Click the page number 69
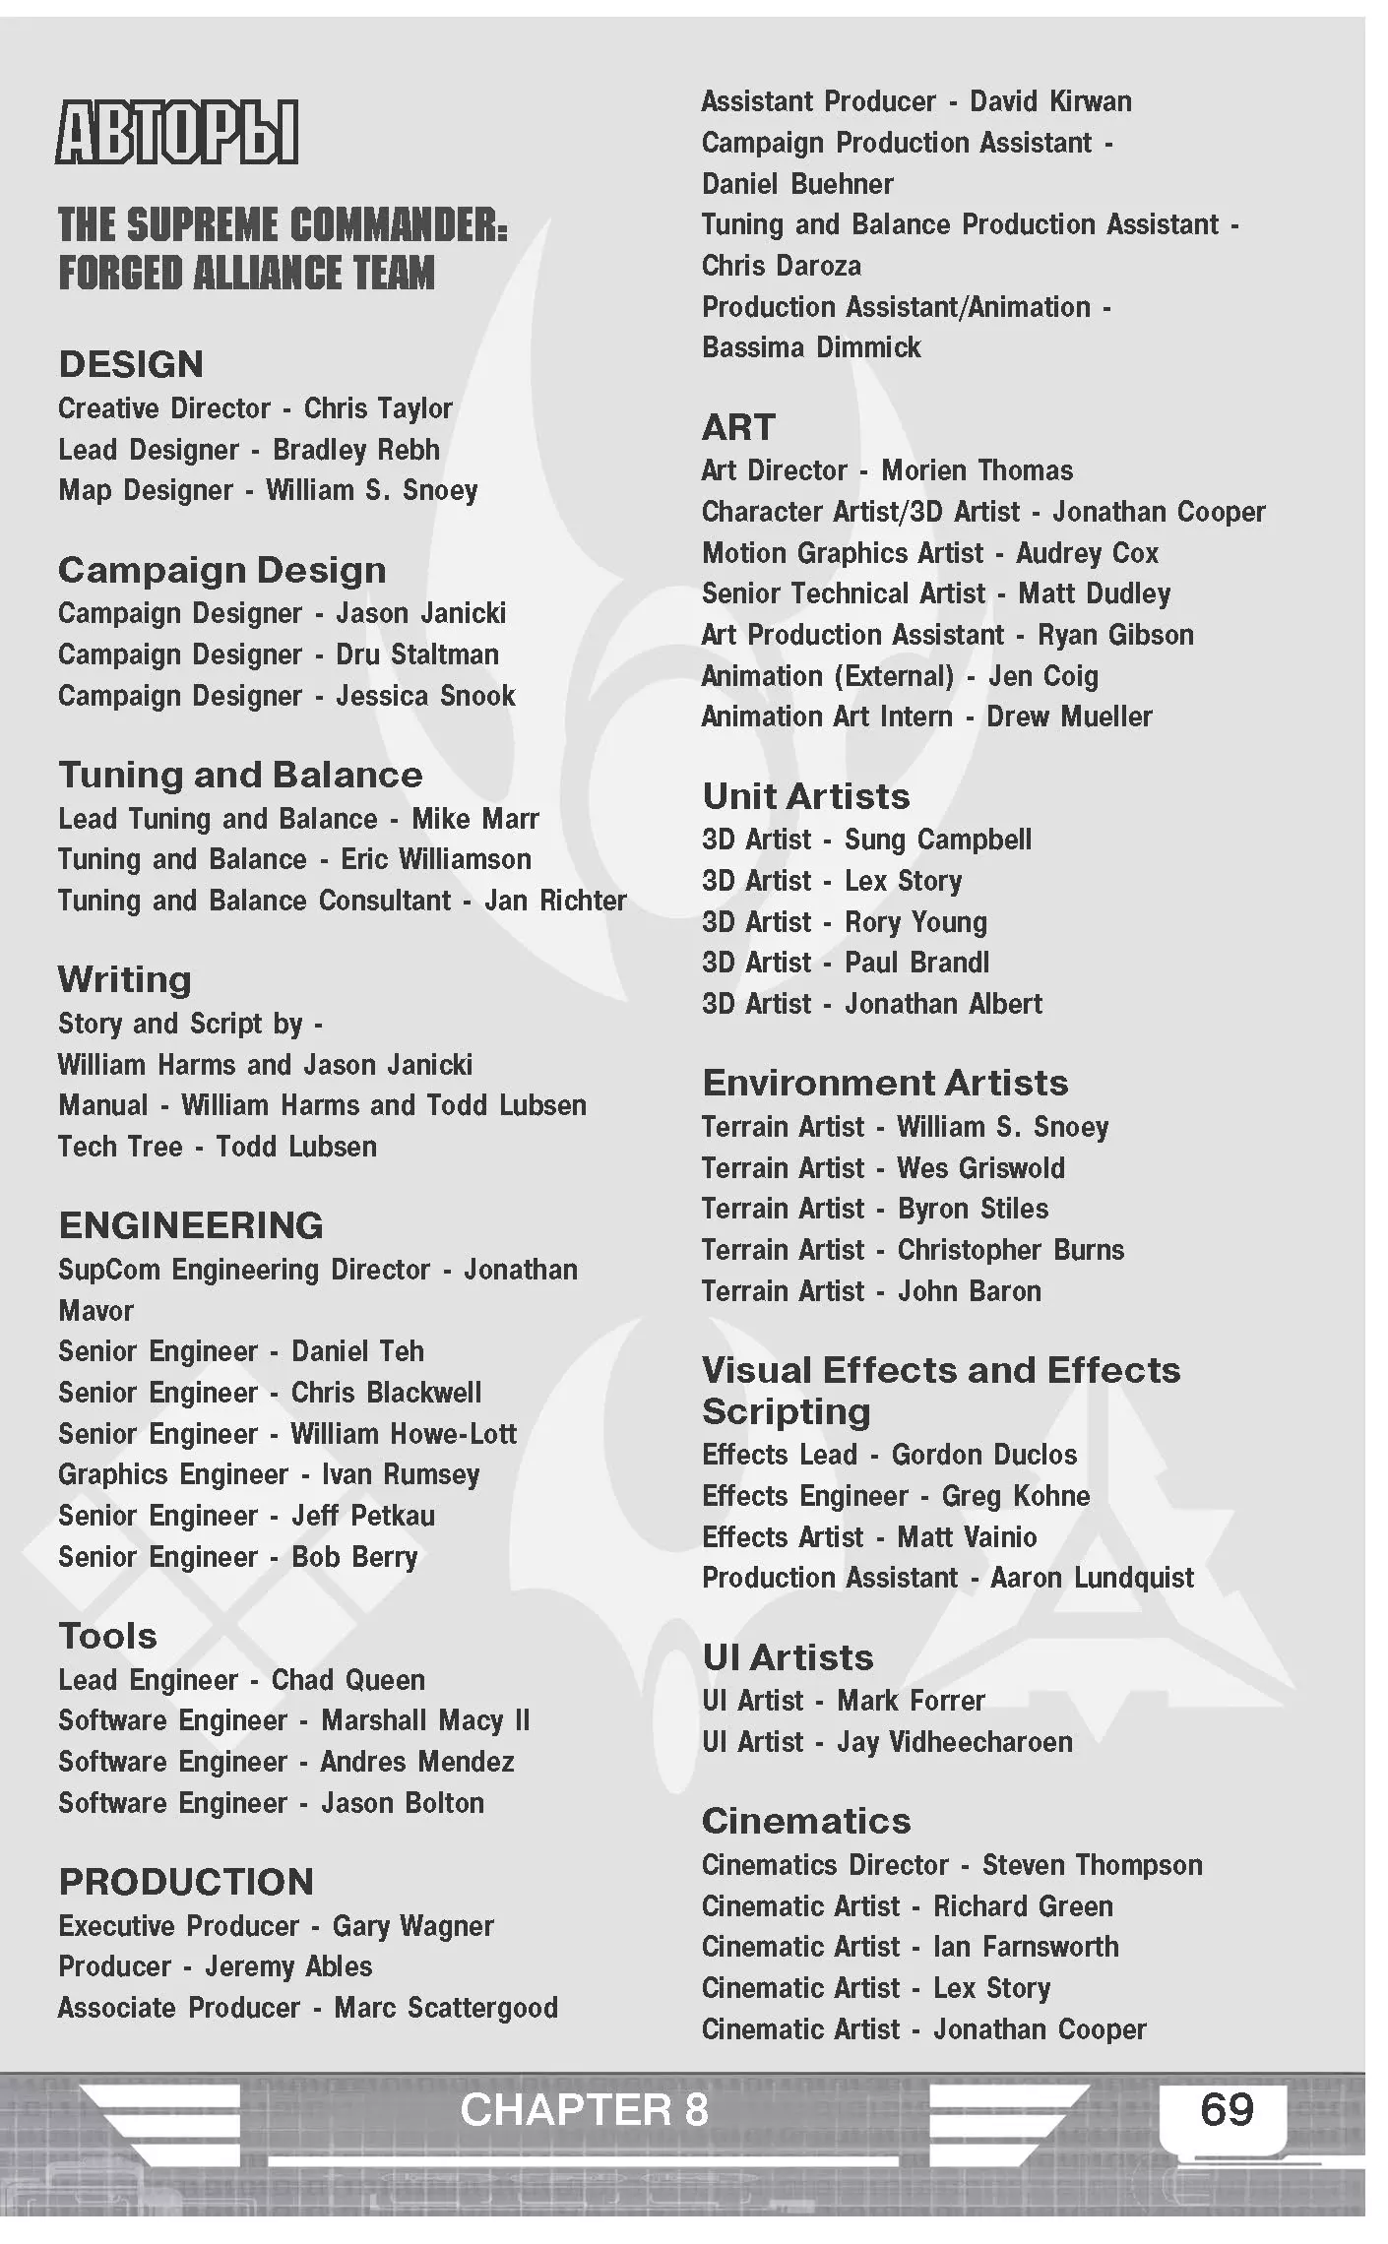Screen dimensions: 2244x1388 (1227, 2109)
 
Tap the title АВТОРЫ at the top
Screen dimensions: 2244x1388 (177, 132)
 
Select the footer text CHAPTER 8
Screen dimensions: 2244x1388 (584, 2110)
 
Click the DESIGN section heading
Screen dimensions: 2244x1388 (131, 364)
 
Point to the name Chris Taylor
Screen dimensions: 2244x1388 (378, 408)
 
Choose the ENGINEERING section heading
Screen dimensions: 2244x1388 (191, 1225)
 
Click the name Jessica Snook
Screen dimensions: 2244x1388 (425, 696)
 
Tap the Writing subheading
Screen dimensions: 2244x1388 (125, 979)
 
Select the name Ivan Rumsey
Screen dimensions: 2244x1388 (401, 1474)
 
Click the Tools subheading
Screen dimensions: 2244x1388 (108, 1636)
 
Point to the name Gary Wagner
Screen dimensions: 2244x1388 (413, 1925)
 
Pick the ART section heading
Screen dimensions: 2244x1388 (738, 427)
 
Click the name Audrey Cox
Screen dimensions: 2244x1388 (1087, 553)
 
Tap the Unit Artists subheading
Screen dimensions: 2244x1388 (806, 796)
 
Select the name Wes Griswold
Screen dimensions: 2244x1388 (980, 1168)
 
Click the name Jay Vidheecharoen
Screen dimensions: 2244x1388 (955, 1742)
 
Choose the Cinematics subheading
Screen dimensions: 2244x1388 (806, 1821)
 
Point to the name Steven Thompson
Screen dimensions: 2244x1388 (1092, 1865)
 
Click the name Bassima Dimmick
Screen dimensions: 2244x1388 (811, 347)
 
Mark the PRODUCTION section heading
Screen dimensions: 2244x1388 (186, 1882)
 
